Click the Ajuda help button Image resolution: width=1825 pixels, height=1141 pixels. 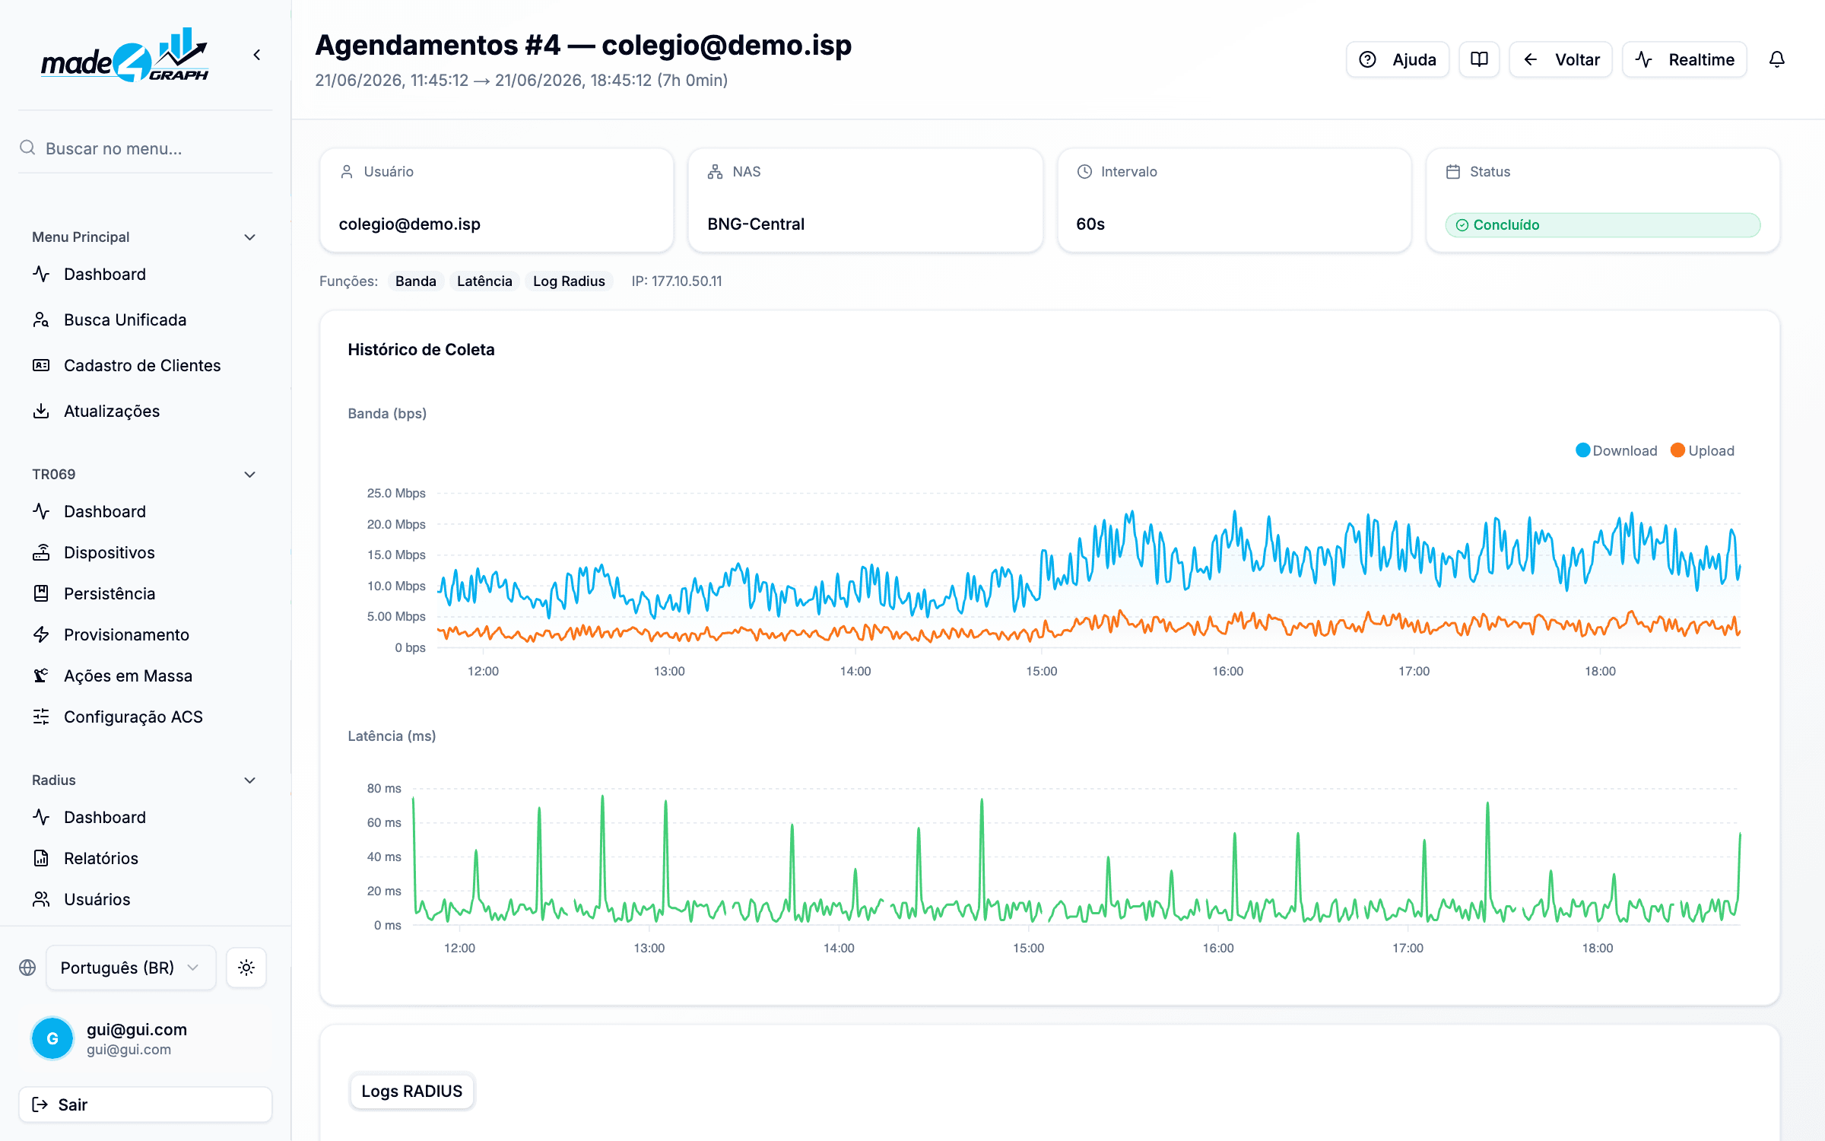[x=1397, y=59]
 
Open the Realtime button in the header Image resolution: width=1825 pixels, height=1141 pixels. [x=1684, y=59]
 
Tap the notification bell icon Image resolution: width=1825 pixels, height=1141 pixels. [x=1777, y=59]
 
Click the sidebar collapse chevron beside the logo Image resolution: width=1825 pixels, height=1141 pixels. [x=257, y=55]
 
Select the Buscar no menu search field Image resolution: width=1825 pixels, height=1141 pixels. [x=145, y=148]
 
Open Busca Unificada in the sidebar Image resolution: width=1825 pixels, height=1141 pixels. [x=125, y=319]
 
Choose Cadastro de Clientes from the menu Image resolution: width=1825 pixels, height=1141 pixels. [x=142, y=365]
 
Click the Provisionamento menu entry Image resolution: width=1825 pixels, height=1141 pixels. [x=126, y=634]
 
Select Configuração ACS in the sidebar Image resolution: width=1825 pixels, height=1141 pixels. [x=133, y=717]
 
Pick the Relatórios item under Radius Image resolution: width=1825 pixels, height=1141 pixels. [x=101, y=858]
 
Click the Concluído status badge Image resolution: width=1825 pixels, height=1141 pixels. [x=1602, y=224]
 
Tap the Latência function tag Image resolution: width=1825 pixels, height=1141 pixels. [x=484, y=281]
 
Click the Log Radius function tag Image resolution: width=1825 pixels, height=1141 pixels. [x=569, y=281]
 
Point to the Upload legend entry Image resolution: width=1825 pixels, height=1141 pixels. [x=1703, y=450]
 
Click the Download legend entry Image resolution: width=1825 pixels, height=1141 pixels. [x=1616, y=450]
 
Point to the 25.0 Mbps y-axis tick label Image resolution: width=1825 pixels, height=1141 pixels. [x=396, y=493]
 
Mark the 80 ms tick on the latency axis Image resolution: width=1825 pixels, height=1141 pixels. [x=384, y=788]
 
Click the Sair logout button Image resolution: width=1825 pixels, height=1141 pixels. [x=145, y=1104]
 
